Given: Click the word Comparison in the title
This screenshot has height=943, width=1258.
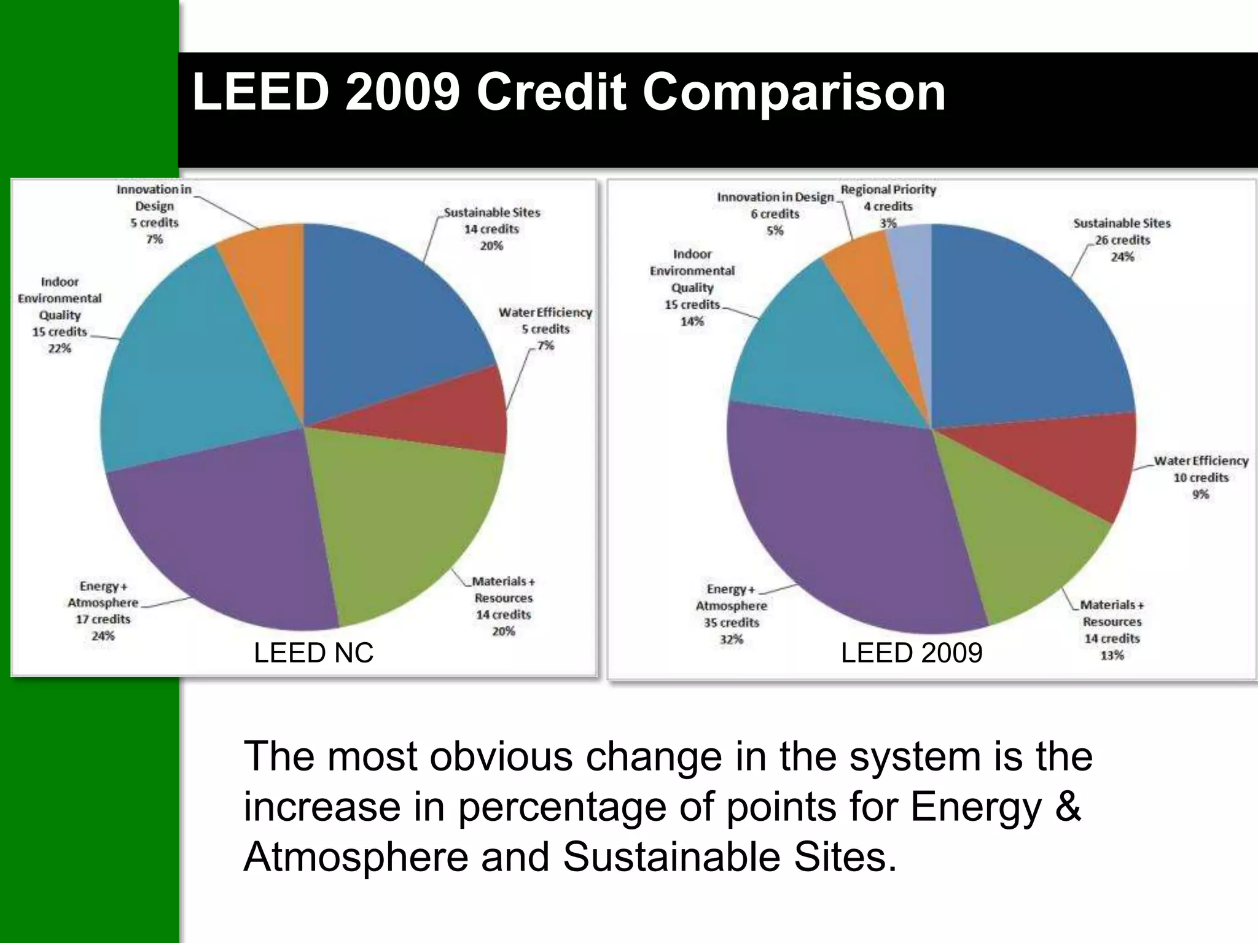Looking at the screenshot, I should (794, 93).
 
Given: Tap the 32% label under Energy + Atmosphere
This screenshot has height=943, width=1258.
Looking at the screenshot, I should (731, 640).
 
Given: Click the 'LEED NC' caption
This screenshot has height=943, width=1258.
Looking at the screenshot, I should (313, 653).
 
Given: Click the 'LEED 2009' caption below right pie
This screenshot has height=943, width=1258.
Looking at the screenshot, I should (911, 653).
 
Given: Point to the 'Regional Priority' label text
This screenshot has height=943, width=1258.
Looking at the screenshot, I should (888, 190).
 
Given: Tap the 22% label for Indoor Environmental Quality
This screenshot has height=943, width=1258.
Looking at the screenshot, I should (60, 349).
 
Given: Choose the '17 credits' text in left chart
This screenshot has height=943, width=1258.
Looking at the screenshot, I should (103, 619).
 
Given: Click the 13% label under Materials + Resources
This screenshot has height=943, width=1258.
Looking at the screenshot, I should (1111, 656).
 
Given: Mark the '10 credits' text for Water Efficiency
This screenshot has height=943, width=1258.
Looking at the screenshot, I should (1200, 478).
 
